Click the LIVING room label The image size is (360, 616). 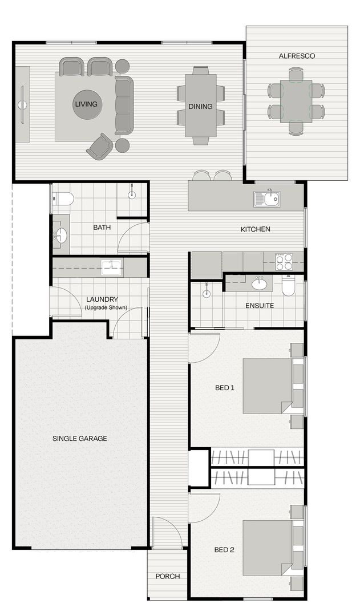pos(86,104)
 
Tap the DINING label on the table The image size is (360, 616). pos(200,107)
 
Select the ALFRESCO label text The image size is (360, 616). pos(297,56)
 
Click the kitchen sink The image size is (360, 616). pos(267,199)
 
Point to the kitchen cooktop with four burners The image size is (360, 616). pos(284,262)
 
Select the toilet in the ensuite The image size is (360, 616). pos(289,285)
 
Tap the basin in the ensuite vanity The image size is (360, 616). pos(260,283)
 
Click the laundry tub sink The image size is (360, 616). pos(111,267)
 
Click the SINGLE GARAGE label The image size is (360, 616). pos(80,439)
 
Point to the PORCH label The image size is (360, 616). pos(168,576)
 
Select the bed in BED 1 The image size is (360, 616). pos(268,386)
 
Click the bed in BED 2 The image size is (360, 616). pos(268,548)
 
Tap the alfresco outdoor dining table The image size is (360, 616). pos(296,100)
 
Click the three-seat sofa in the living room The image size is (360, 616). pos(124,106)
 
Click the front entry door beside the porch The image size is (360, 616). pos(167,532)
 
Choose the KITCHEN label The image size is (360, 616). pos(255,229)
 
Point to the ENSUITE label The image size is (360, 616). pos(260,306)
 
